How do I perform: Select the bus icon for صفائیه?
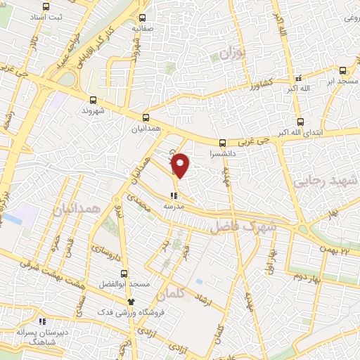point(143,18)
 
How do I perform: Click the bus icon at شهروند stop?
point(92,99)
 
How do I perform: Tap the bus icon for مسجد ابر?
point(342,70)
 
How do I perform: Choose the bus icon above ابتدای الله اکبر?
point(300,121)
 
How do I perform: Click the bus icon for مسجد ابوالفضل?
point(124,274)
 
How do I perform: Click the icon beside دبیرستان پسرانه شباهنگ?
point(41,321)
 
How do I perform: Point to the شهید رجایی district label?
point(327,181)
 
